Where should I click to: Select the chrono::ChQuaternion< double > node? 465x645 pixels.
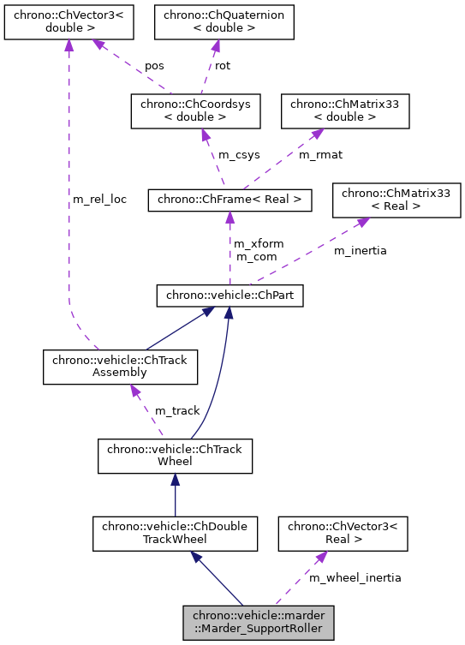(x=224, y=21)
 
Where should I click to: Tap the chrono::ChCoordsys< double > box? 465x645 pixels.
(x=194, y=111)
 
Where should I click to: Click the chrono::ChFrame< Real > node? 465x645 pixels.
(x=229, y=200)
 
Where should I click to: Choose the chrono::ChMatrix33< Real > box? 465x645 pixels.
(x=397, y=199)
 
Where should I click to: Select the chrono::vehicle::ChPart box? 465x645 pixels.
(x=229, y=296)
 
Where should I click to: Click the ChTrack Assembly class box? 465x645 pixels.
(x=121, y=367)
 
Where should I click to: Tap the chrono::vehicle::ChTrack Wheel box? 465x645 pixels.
(x=176, y=456)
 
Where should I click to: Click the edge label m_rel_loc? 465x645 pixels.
(x=100, y=200)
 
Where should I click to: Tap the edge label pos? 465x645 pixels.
(x=154, y=65)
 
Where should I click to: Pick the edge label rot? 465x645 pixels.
(x=222, y=65)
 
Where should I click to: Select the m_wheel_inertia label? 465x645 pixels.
(x=355, y=578)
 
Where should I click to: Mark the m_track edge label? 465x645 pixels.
(x=177, y=411)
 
